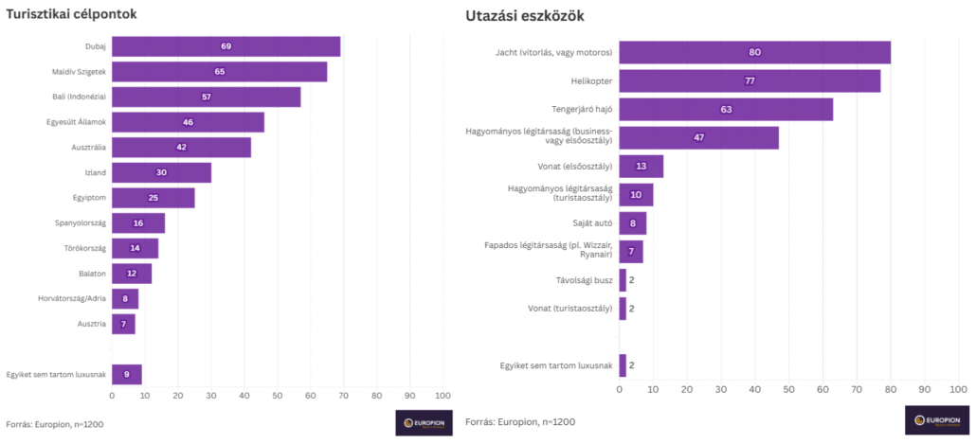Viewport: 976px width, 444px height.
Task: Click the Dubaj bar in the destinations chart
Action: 226,46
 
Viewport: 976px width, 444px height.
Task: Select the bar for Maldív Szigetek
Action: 219,72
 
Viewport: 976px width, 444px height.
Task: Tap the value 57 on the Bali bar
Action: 207,97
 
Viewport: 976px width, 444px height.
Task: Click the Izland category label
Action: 95,172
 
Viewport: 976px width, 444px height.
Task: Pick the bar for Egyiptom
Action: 153,198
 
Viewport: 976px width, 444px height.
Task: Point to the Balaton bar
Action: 131,274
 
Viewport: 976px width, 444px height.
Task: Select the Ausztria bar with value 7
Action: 123,324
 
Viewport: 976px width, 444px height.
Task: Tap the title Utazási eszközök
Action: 525,16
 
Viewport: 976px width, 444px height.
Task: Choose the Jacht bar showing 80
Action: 754,52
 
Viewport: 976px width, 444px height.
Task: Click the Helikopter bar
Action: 750,80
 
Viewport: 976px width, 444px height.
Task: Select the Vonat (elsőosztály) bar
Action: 641,167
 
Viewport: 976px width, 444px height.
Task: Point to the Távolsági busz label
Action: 584,279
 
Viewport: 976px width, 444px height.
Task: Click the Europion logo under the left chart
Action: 424,422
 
